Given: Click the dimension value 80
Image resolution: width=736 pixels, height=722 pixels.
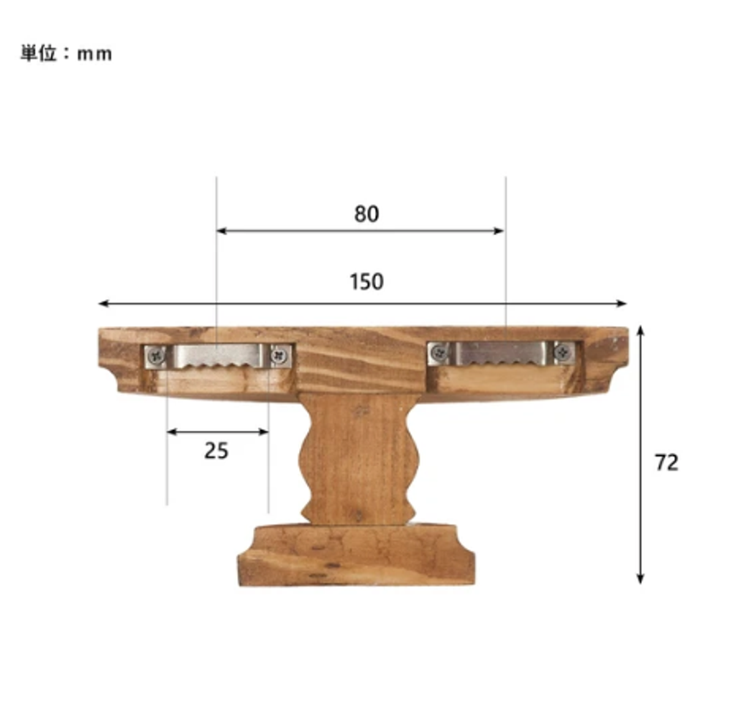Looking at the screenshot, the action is (x=367, y=214).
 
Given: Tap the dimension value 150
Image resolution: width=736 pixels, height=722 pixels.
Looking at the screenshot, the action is (x=367, y=282).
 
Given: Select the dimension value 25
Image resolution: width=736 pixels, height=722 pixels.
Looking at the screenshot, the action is (x=216, y=451).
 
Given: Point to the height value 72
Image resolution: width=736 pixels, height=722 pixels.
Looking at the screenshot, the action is (x=666, y=462).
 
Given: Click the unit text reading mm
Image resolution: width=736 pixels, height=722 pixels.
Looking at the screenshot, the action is (x=94, y=54).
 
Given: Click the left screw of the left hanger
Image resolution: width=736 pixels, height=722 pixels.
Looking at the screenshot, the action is (x=155, y=356).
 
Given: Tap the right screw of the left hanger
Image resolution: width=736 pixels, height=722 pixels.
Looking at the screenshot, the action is (x=281, y=355).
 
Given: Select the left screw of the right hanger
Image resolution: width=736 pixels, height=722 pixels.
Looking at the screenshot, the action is (x=439, y=352).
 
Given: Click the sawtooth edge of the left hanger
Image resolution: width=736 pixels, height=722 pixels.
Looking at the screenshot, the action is (x=218, y=364).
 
